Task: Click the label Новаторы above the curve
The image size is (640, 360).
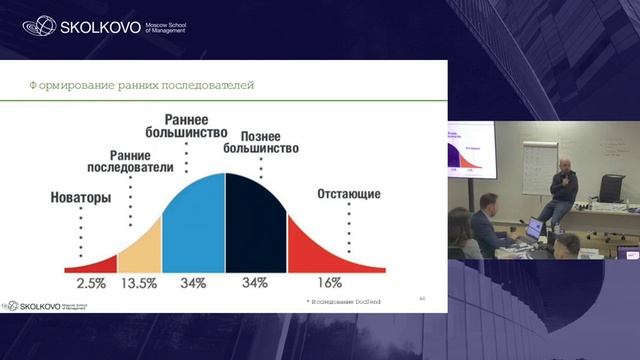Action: pos(81,197)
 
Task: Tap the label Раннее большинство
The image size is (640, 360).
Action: pos(192,126)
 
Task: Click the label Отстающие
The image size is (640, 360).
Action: pos(348,192)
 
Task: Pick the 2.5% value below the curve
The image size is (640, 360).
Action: pos(91,283)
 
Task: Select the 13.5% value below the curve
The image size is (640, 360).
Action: pos(139,283)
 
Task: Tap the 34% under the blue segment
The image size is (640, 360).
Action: pos(193,283)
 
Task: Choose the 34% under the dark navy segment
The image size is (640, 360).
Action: pos(256,283)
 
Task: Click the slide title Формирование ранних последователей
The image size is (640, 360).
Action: pos(140,85)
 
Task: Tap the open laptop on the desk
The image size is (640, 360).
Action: pos(533,228)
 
